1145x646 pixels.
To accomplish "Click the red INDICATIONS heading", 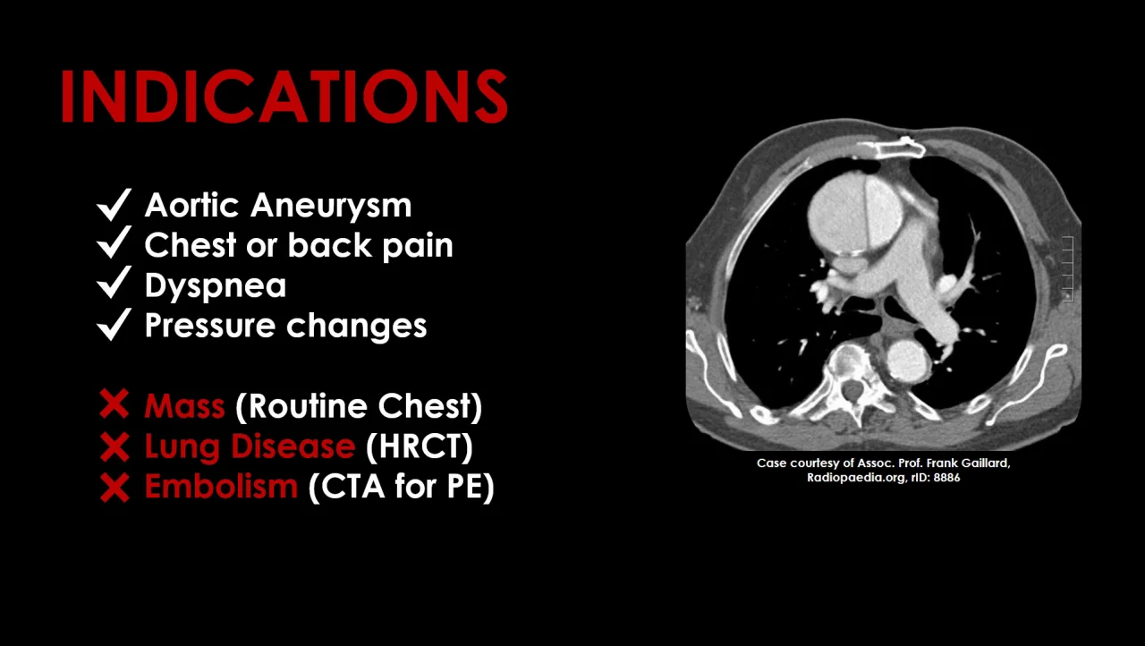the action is point(284,96).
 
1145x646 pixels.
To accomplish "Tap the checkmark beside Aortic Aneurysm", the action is point(114,204).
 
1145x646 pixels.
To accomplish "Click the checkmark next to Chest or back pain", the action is point(114,242).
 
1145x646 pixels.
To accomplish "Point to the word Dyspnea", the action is point(216,286).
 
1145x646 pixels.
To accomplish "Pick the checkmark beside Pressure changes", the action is point(114,324).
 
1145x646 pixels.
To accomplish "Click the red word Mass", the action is point(185,406).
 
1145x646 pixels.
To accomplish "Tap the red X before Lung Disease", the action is point(114,446).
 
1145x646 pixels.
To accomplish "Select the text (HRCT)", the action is point(420,446).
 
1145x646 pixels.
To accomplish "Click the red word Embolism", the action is point(221,486).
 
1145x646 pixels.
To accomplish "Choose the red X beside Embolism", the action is point(114,487).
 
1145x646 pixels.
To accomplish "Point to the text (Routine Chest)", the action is point(359,407).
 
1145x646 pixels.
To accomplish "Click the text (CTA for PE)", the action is point(402,487).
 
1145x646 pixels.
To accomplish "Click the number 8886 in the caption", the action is point(946,478).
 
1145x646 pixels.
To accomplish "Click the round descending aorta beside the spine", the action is point(908,361).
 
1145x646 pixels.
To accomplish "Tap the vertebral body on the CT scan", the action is point(849,364).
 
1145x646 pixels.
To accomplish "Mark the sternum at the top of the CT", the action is point(901,149).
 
